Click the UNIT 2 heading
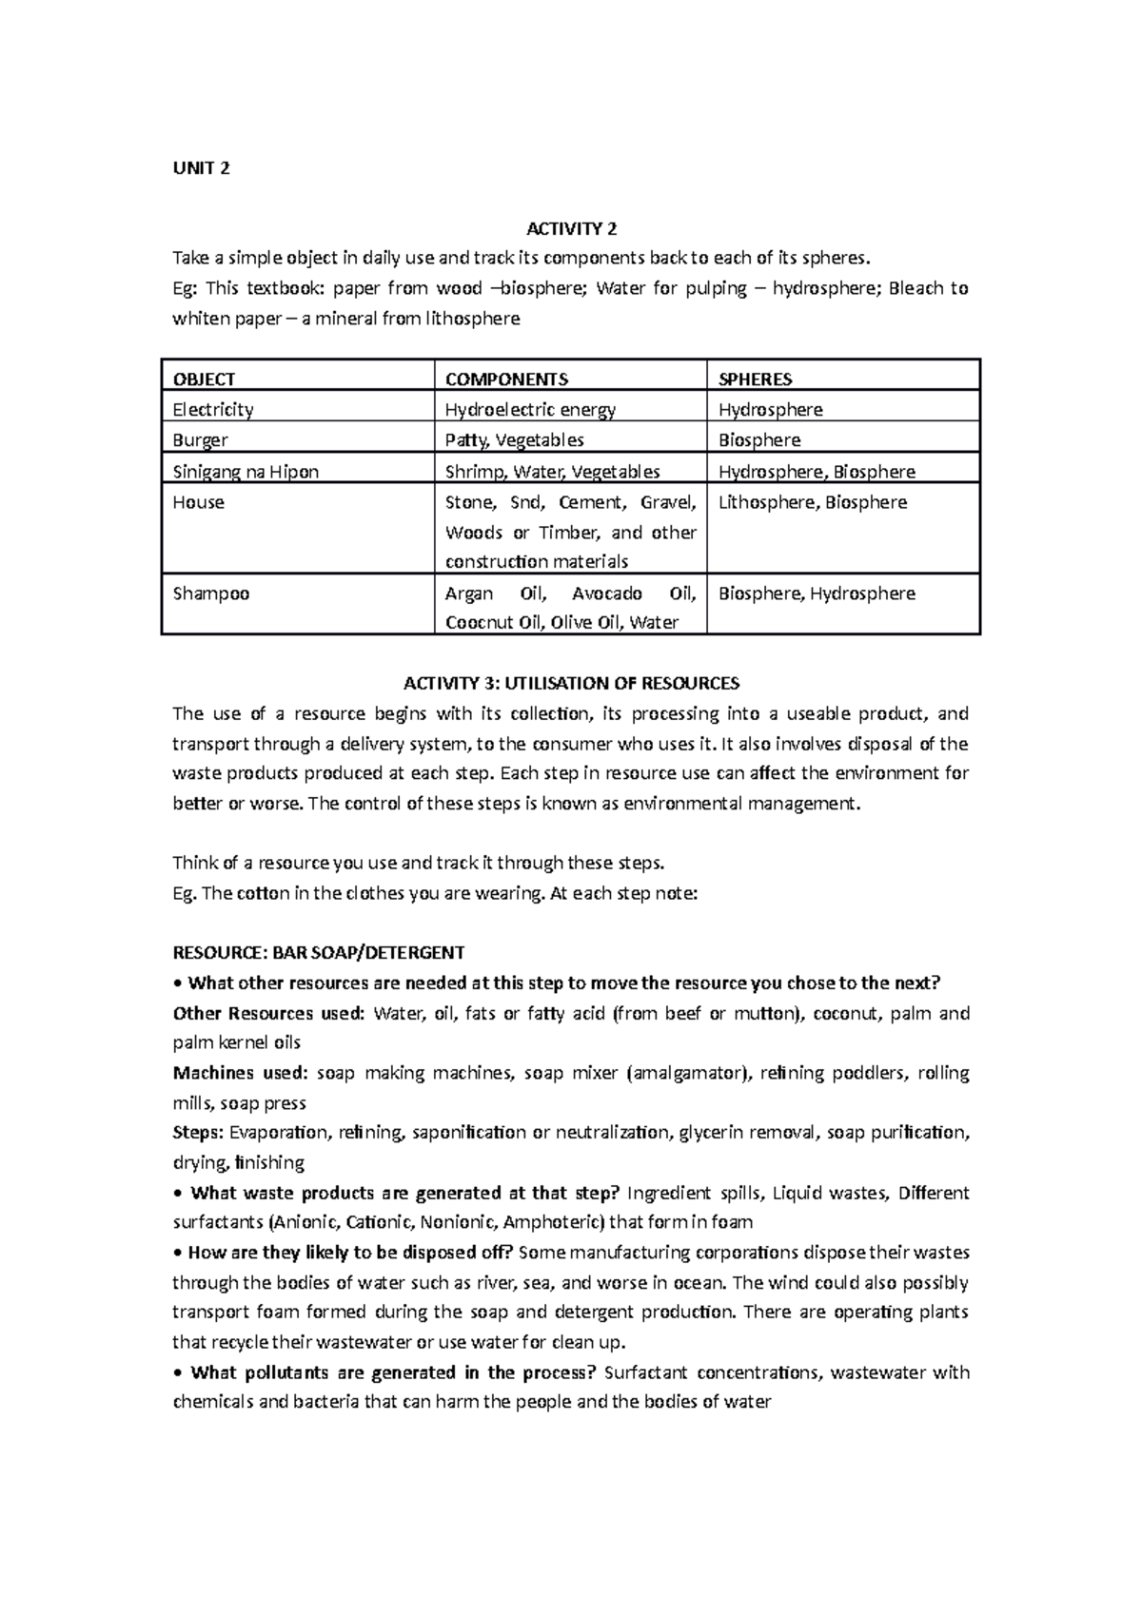click(201, 169)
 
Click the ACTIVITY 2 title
click(571, 228)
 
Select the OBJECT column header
click(204, 379)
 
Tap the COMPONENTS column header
click(506, 379)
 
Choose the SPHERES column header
click(755, 379)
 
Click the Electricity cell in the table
click(212, 410)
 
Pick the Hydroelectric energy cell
click(530, 410)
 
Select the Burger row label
click(200, 440)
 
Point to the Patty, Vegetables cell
click(514, 440)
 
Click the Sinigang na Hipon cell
click(246, 472)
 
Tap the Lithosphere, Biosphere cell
click(812, 502)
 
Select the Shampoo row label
click(210, 593)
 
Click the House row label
click(198, 502)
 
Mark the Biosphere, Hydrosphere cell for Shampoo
click(816, 593)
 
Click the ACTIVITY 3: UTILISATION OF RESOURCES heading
click(571, 683)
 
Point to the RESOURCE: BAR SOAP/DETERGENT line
click(318, 952)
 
